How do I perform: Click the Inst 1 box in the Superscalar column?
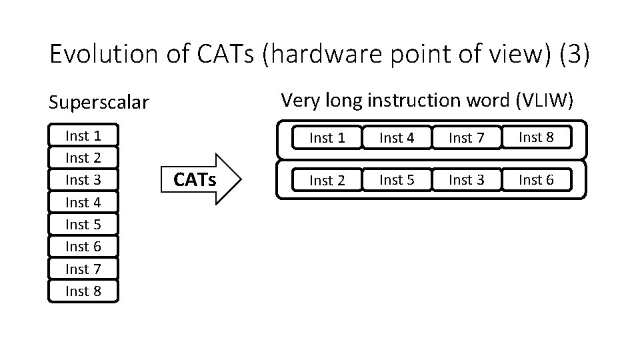(83, 136)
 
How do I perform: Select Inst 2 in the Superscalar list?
(83, 158)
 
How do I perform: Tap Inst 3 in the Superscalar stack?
(83, 180)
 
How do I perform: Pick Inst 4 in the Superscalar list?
(83, 202)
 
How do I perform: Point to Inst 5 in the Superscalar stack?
(83, 225)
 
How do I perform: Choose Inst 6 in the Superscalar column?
(83, 247)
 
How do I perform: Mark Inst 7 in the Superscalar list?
(83, 269)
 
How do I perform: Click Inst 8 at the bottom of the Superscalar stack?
(83, 291)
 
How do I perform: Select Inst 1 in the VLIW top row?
(327, 138)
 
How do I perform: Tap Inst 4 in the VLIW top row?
(397, 138)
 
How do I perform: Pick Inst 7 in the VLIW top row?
(466, 138)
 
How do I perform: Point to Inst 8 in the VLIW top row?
(536, 137)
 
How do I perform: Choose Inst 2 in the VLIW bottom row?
(327, 180)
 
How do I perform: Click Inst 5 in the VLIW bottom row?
(397, 179)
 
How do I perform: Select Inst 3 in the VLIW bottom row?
(466, 179)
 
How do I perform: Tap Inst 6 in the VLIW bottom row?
(536, 179)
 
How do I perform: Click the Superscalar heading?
(99, 103)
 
